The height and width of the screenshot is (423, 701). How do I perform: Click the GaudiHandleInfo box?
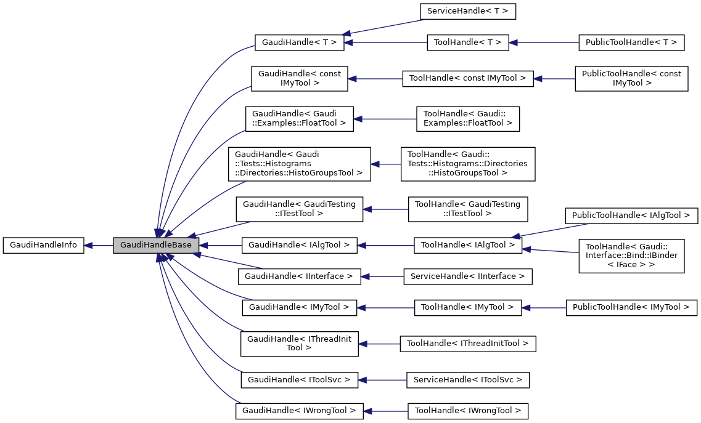43,245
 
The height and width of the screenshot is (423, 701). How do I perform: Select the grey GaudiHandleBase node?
156,245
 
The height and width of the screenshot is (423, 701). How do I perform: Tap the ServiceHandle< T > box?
467,11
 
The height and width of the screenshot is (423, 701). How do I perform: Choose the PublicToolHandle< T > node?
631,42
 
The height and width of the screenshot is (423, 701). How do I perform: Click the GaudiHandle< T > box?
298,42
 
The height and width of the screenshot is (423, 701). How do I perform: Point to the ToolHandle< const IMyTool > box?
467,78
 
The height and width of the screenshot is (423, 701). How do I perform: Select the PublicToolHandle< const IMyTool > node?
631,78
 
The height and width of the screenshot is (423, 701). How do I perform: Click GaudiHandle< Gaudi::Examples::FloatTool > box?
299,118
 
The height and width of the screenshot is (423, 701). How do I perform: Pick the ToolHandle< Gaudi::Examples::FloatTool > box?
467,118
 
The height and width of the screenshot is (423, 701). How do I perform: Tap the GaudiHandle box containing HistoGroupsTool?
299,163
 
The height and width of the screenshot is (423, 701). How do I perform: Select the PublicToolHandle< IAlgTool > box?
631,216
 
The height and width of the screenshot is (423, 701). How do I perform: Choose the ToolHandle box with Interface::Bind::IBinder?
631,256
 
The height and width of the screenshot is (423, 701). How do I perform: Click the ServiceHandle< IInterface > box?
467,276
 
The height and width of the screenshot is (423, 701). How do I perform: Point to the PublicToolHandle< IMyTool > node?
631,307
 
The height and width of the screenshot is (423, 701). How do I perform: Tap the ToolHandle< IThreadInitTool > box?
467,344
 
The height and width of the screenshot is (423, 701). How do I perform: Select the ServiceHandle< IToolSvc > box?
467,380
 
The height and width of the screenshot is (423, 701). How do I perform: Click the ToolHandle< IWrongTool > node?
467,410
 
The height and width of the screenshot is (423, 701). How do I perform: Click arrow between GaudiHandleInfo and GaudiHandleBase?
99,245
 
